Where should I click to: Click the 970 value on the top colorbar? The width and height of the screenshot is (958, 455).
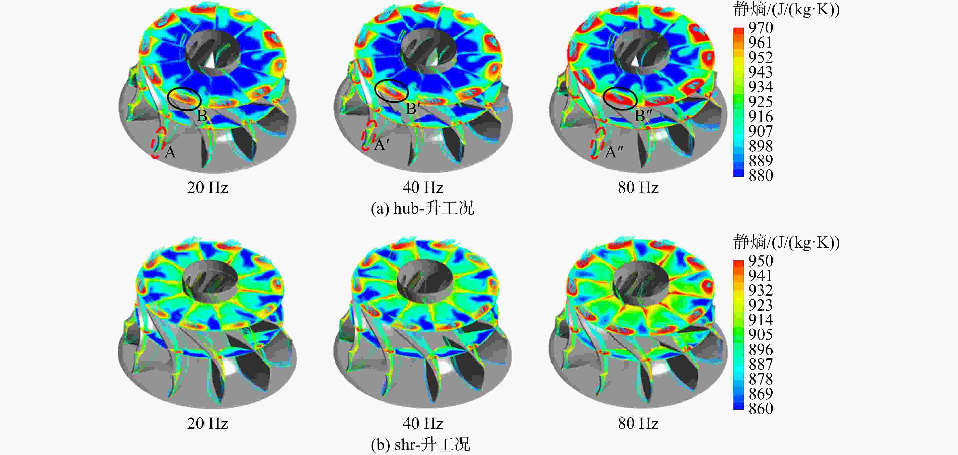point(761,28)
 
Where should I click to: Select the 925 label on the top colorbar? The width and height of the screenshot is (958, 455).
point(761,102)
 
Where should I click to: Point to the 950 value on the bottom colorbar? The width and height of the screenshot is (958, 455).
point(761,261)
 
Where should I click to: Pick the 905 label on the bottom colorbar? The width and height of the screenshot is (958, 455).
point(761,335)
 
